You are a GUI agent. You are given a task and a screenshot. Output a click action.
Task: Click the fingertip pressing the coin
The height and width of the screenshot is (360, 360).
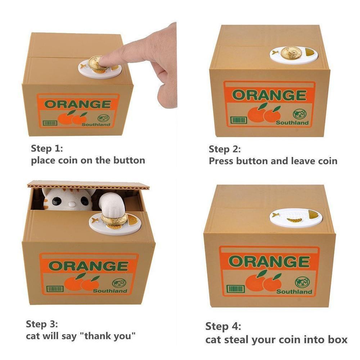(104, 62)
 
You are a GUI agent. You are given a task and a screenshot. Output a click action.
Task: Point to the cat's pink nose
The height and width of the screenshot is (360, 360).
(72, 204)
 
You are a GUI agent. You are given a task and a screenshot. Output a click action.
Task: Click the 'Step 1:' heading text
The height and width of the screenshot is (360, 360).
(47, 149)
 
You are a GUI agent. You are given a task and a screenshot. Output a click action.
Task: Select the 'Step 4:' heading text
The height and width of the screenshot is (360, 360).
(223, 327)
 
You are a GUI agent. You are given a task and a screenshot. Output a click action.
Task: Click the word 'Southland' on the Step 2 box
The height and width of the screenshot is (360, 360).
(292, 123)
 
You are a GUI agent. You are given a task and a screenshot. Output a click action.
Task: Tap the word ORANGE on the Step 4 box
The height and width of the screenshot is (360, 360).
(269, 261)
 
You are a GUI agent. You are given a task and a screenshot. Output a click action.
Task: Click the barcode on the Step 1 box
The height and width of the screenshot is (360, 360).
(50, 123)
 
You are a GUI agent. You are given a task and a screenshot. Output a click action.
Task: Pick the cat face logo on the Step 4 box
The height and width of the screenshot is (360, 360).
(302, 283)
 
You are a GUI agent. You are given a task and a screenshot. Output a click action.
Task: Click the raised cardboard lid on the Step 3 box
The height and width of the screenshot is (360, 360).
(89, 185)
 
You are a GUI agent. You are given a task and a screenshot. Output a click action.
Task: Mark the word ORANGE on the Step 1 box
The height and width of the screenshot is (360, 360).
(78, 104)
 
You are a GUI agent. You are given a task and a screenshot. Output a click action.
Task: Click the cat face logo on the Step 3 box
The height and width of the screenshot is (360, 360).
(119, 284)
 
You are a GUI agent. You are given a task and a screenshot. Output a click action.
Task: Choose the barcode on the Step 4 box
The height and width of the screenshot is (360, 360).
(235, 289)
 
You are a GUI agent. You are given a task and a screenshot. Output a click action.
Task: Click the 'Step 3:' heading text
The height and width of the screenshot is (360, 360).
(42, 324)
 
